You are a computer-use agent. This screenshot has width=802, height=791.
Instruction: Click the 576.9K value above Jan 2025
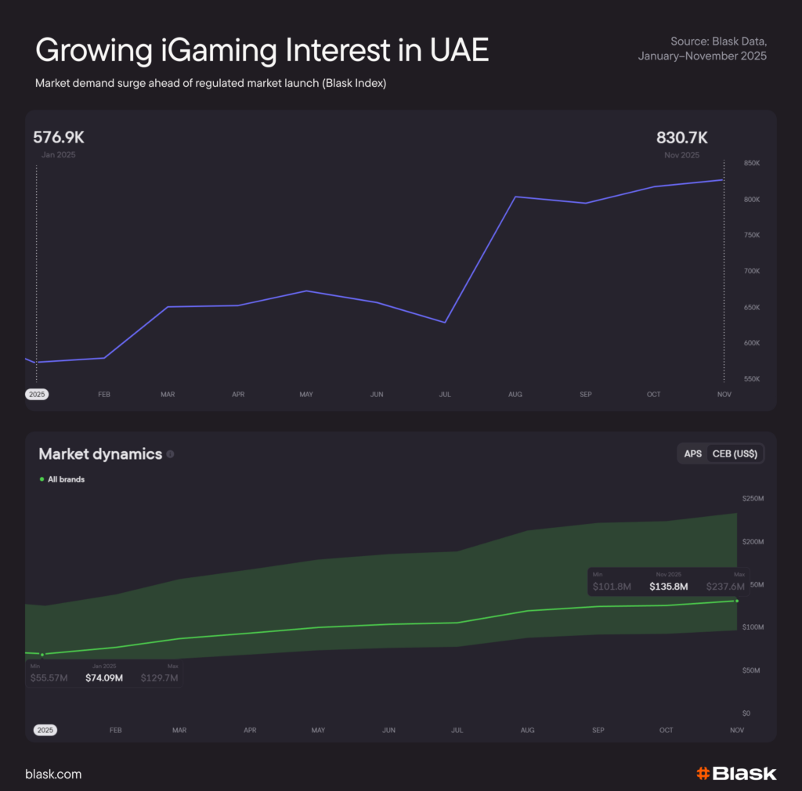tap(58, 138)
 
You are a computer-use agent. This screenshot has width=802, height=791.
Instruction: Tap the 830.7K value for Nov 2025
tap(681, 138)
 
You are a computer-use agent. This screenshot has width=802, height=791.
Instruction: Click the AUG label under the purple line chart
tap(515, 395)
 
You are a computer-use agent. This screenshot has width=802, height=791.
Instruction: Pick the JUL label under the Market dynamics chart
tap(457, 730)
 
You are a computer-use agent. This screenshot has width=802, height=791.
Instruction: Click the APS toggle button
tap(692, 454)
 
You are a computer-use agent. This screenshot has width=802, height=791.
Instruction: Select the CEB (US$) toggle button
tap(735, 454)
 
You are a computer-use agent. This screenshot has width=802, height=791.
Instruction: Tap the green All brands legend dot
tap(42, 479)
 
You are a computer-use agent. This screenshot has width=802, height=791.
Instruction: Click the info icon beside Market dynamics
tap(170, 454)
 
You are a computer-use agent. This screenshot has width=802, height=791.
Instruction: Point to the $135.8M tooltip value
tap(668, 586)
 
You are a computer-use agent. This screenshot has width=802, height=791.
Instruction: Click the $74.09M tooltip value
tap(104, 677)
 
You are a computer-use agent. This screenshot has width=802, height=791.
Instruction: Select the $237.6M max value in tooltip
tap(724, 586)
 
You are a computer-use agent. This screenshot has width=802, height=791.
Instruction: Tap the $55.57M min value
tap(49, 677)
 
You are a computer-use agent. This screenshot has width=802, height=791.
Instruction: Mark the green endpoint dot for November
tap(736, 601)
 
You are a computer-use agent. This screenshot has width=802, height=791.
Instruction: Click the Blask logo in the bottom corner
tap(736, 774)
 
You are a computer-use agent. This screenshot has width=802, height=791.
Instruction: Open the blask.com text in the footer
tap(53, 775)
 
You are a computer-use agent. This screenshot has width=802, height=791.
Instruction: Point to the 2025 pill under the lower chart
tap(45, 730)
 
